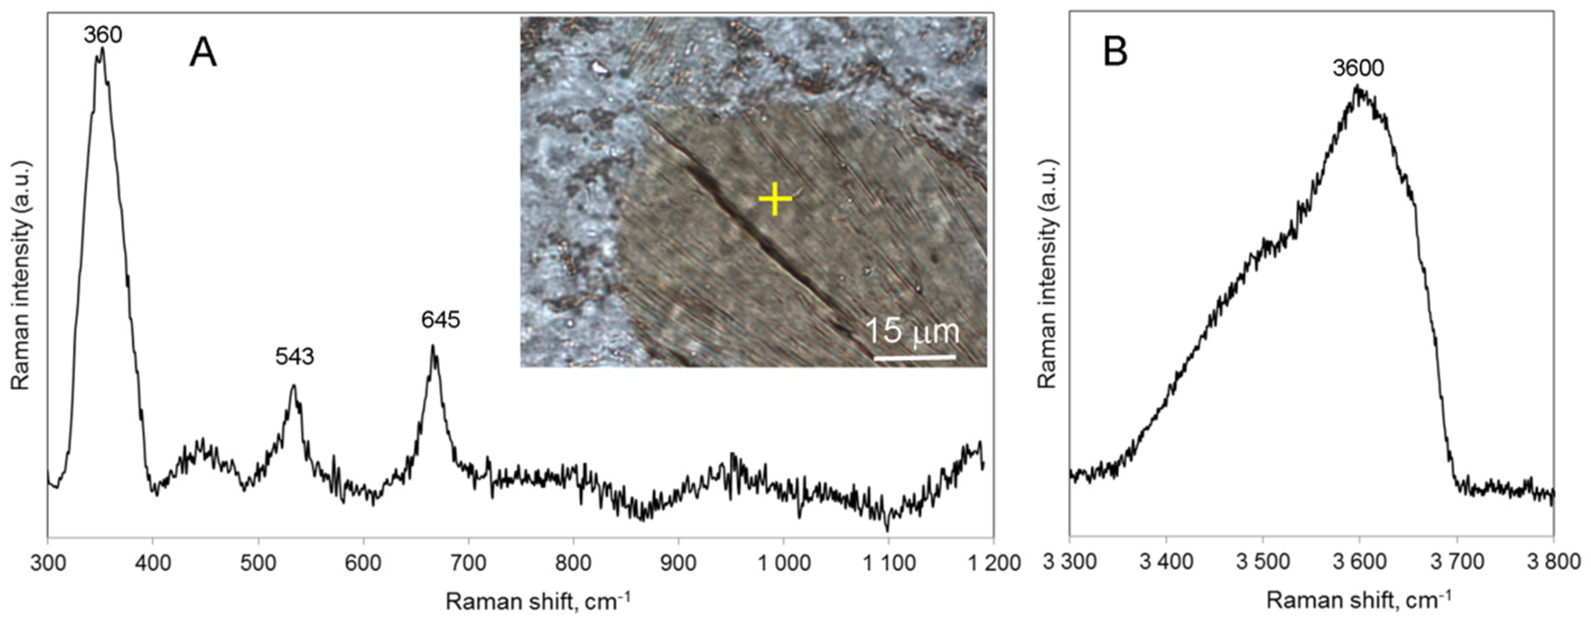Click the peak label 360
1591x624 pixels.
click(103, 35)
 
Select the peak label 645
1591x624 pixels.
click(441, 320)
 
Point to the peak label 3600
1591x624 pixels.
click(1358, 68)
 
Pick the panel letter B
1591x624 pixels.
click(1115, 53)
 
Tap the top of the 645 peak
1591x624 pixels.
click(433, 346)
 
